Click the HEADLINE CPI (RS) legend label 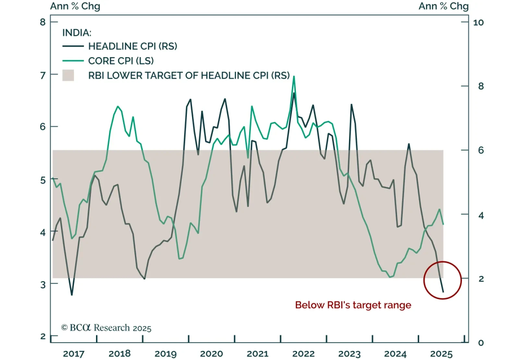tap(133, 46)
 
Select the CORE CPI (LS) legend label tap(121, 61)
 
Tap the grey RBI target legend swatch tap(68, 75)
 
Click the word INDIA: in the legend tap(77, 33)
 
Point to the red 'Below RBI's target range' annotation tap(353, 305)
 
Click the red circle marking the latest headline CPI tap(442, 280)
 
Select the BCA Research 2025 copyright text tap(106, 328)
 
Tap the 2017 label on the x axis tap(74, 354)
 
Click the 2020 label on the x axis tap(211, 354)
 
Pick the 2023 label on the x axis tap(349, 354)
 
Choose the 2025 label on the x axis tap(441, 354)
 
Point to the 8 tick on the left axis tap(43, 22)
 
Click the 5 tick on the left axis tap(43, 180)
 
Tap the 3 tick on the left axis tap(43, 285)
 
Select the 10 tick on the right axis tap(478, 22)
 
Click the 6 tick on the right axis tap(481, 150)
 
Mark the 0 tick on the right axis tap(481, 343)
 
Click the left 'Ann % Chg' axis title tap(75, 6)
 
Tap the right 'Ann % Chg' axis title tap(443, 6)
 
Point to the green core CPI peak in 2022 tap(294, 77)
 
